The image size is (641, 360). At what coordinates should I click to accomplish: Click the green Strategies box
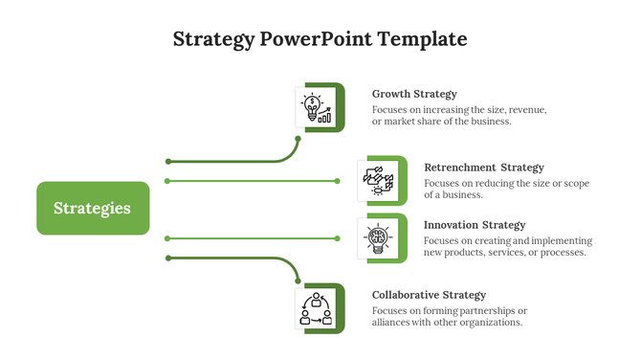click(93, 208)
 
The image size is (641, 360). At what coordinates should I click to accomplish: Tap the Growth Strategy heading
click(414, 94)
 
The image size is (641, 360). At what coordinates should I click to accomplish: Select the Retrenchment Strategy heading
click(483, 168)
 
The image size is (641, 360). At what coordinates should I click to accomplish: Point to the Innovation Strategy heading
click(475, 225)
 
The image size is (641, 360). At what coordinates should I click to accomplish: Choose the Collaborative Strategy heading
click(429, 295)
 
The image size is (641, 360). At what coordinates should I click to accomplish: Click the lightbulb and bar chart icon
click(317, 107)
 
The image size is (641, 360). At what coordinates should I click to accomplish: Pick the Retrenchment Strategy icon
click(377, 179)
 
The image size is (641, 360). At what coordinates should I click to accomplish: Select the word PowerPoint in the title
click(315, 39)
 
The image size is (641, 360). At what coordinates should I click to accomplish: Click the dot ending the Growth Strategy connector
click(298, 139)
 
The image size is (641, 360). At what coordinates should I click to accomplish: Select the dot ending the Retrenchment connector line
click(338, 180)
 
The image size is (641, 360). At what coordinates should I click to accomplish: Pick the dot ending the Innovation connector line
click(338, 237)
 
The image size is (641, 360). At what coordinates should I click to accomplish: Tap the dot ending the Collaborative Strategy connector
click(298, 281)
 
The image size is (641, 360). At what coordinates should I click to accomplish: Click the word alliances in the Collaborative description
click(394, 323)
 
